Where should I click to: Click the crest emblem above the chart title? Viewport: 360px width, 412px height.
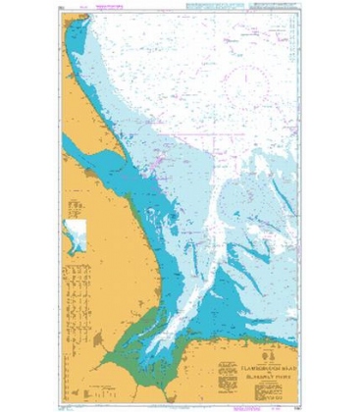264,349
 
